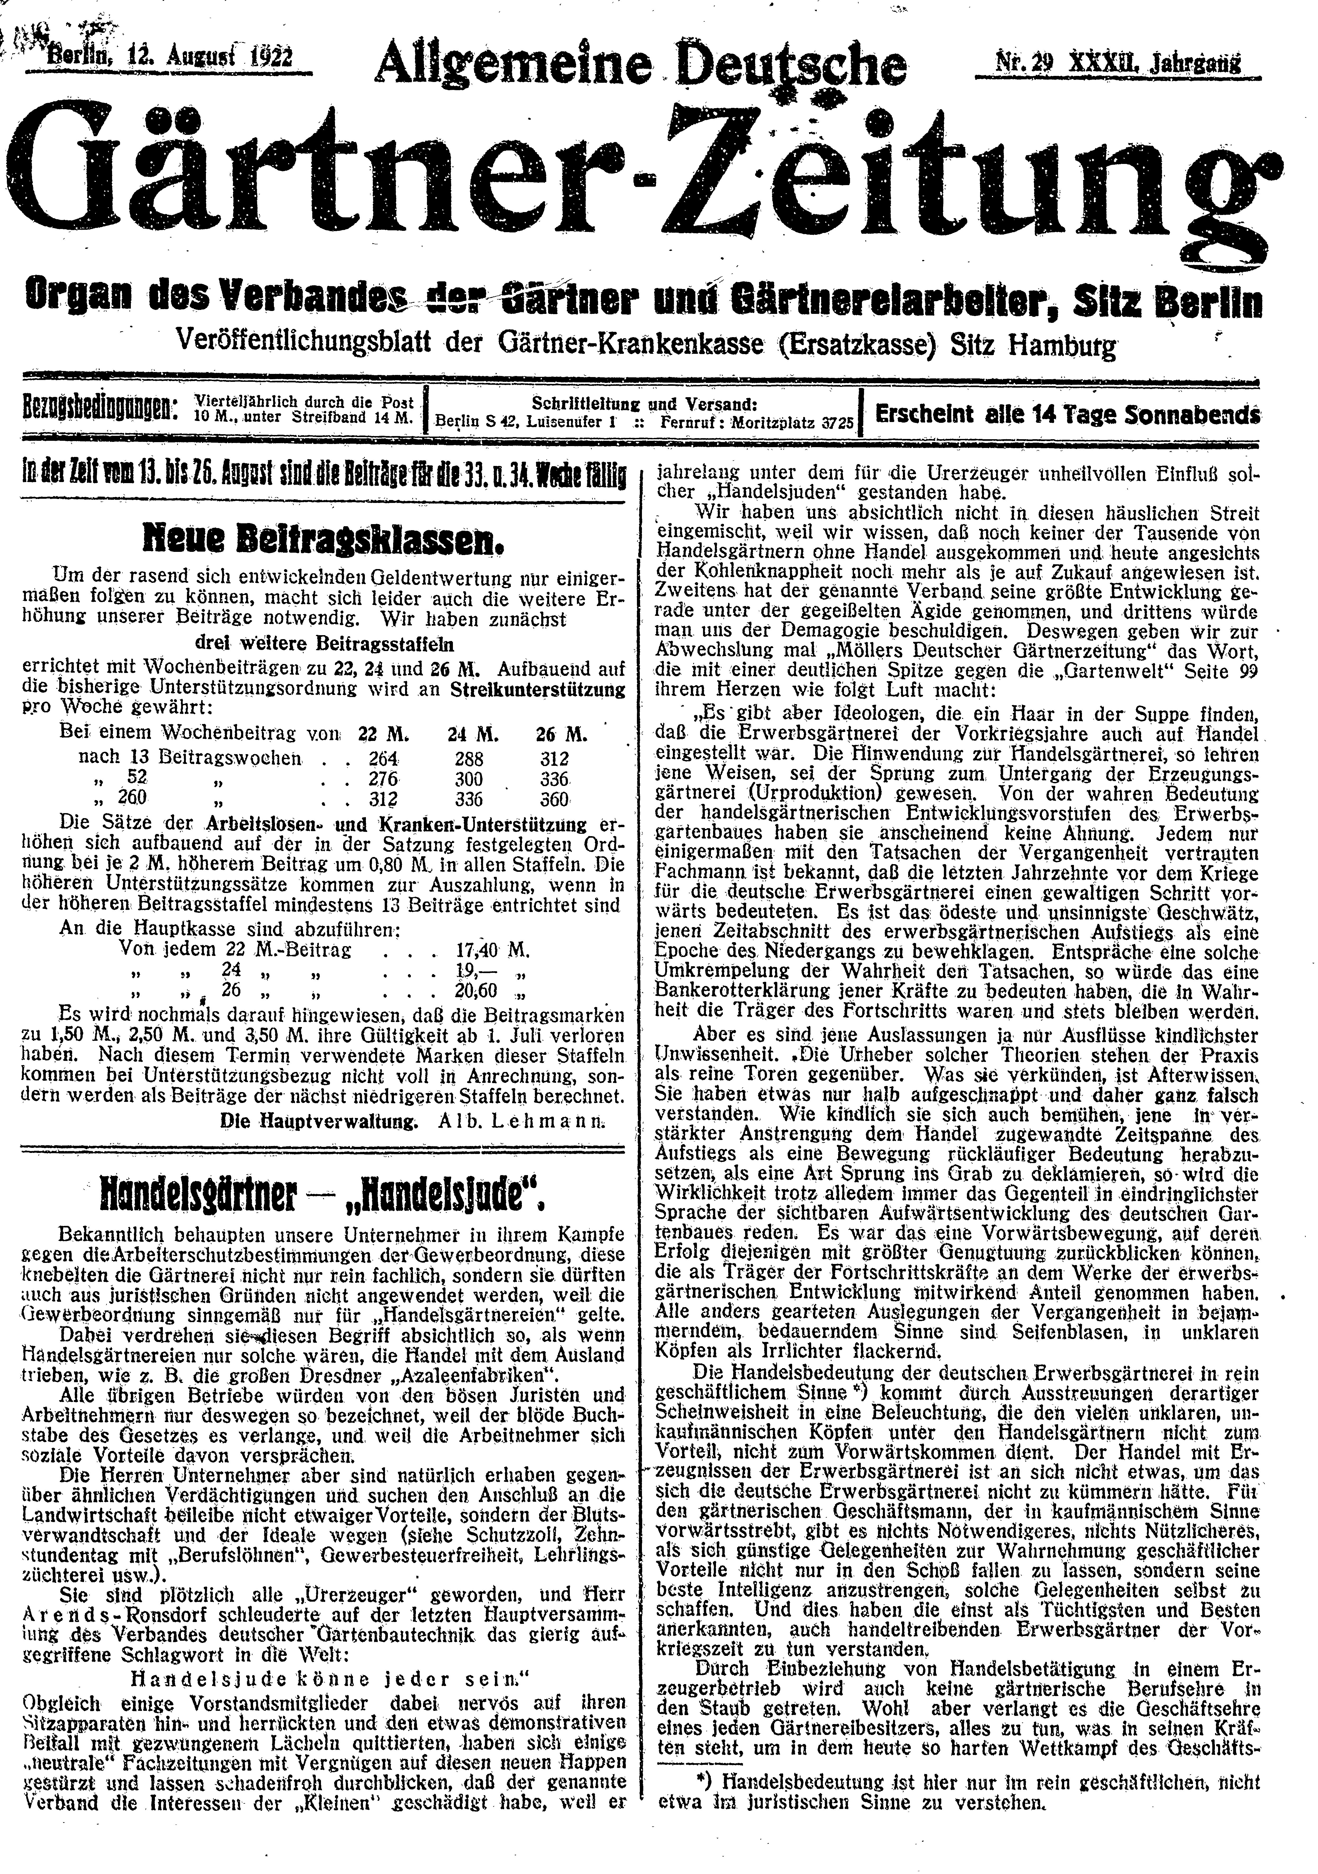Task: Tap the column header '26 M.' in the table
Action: (562, 734)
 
